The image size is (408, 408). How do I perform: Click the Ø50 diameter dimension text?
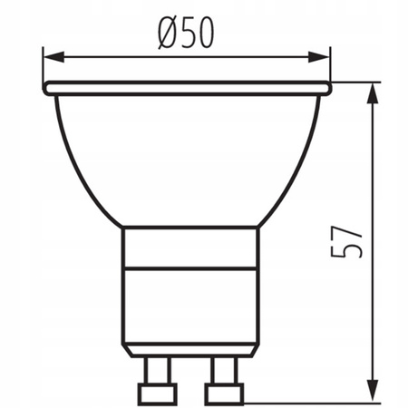coord(185,34)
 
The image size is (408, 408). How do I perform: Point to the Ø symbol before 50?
coord(166,34)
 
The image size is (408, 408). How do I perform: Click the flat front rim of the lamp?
coord(187,89)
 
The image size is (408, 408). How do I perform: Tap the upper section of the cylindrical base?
coord(190,247)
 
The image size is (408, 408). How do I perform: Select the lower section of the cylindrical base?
coord(190,304)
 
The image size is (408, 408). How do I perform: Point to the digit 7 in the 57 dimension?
coord(353,230)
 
